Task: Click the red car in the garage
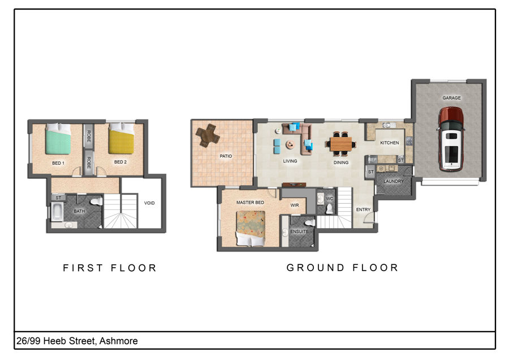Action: tap(451, 139)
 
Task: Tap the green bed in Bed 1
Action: tap(58, 139)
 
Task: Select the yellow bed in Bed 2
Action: tap(121, 139)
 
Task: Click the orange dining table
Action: tap(341, 144)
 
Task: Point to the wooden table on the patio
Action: tap(208, 135)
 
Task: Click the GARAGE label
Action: tap(451, 98)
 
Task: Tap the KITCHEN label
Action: tap(389, 143)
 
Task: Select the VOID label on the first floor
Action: tap(149, 203)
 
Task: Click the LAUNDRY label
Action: tap(394, 181)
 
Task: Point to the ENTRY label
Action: tap(363, 209)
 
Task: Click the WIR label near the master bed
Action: tap(295, 205)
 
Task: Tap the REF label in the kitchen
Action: tap(372, 160)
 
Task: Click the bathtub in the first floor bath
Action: tap(57, 212)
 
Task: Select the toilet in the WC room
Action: tap(329, 209)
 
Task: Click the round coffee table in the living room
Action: tap(290, 144)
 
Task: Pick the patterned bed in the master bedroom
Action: tap(251, 229)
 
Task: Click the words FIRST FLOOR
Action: tap(110, 268)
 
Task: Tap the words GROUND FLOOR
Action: tap(342, 268)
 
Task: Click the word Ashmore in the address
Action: tap(119, 341)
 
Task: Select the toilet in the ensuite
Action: tap(309, 222)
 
